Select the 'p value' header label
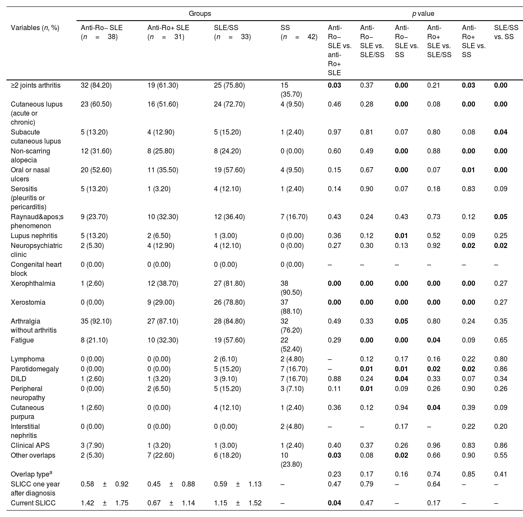click(x=423, y=14)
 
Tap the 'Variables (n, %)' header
click(x=35, y=28)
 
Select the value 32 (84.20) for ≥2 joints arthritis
click(x=96, y=85)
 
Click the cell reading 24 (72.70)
click(x=229, y=104)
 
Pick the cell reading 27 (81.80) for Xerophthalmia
click(x=229, y=283)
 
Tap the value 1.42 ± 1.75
click(x=104, y=503)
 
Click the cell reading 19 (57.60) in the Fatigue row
click(x=229, y=340)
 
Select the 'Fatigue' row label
click(x=22, y=340)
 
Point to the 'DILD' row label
click(x=18, y=379)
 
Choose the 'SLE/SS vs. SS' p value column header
click(x=506, y=32)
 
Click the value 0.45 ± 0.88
click(x=171, y=484)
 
